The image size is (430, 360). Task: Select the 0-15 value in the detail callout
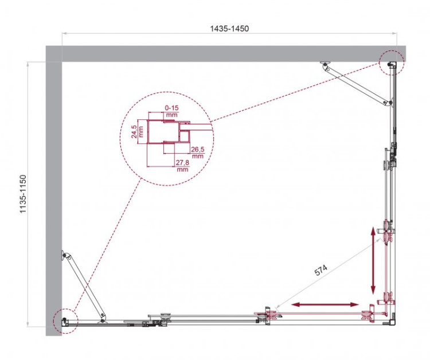pyautogui.click(x=171, y=107)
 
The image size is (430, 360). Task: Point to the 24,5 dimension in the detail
pyautogui.click(x=134, y=131)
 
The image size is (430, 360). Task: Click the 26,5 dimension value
pyautogui.click(x=198, y=152)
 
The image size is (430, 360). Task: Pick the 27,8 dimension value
pyautogui.click(x=182, y=163)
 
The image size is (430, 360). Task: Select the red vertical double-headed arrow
pyautogui.click(x=373, y=260)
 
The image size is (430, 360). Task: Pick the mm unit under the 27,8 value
pyautogui.click(x=182, y=170)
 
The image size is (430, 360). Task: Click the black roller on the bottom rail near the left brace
pyautogui.click(x=165, y=316)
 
